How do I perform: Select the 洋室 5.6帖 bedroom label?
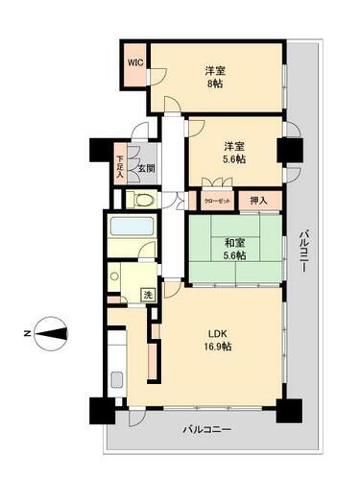(x=235, y=154)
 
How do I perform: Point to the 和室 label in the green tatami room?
(x=235, y=244)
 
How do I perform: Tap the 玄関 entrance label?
(x=144, y=169)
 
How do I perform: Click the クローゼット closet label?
(x=216, y=201)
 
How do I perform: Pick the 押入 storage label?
(x=258, y=200)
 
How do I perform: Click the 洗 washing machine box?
(x=149, y=296)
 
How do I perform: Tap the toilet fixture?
(x=140, y=201)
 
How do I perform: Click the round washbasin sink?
(x=114, y=280)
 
